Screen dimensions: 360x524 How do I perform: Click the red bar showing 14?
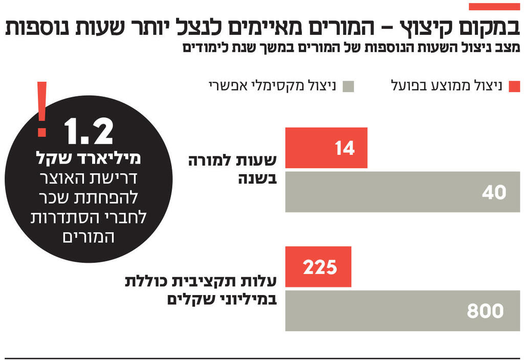pos(326,148)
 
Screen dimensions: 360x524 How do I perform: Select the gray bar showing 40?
pos(402,192)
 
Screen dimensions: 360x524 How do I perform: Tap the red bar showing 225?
pos(318,266)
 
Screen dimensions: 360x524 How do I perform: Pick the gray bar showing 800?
pos(402,310)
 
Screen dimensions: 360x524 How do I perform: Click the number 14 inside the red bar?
pos(344,148)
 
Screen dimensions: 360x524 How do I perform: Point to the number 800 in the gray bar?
pos(485,311)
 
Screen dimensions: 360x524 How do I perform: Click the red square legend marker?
pos(514,86)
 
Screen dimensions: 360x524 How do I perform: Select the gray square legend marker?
pos(348,86)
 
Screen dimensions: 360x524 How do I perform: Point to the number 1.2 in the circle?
pos(89,132)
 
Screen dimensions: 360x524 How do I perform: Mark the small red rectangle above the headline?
pos(494,7)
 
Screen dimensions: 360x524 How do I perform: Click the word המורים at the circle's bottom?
pos(89,237)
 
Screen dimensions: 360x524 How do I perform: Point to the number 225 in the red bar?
pos(320,267)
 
